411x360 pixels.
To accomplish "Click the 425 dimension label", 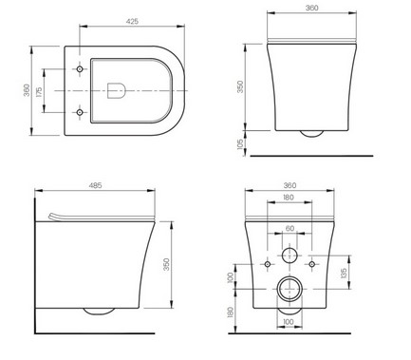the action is pyautogui.click(x=132, y=21).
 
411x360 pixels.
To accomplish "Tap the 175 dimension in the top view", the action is pyautogui.click(x=39, y=92).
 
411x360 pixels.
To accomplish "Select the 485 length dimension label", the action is pyautogui.click(x=95, y=185).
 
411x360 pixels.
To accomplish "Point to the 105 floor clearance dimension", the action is pyautogui.click(x=240, y=144).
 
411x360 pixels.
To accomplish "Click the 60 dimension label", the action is pyautogui.click(x=290, y=228).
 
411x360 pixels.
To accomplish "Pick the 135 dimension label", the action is pyautogui.click(x=344, y=273).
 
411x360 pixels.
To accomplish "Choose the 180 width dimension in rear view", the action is pyautogui.click(x=288, y=198).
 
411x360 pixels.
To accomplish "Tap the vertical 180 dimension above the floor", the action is pyautogui.click(x=231, y=313).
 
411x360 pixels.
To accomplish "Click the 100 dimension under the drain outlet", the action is pyautogui.click(x=288, y=322).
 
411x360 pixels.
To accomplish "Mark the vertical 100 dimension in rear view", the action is pyautogui.click(x=231, y=277).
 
